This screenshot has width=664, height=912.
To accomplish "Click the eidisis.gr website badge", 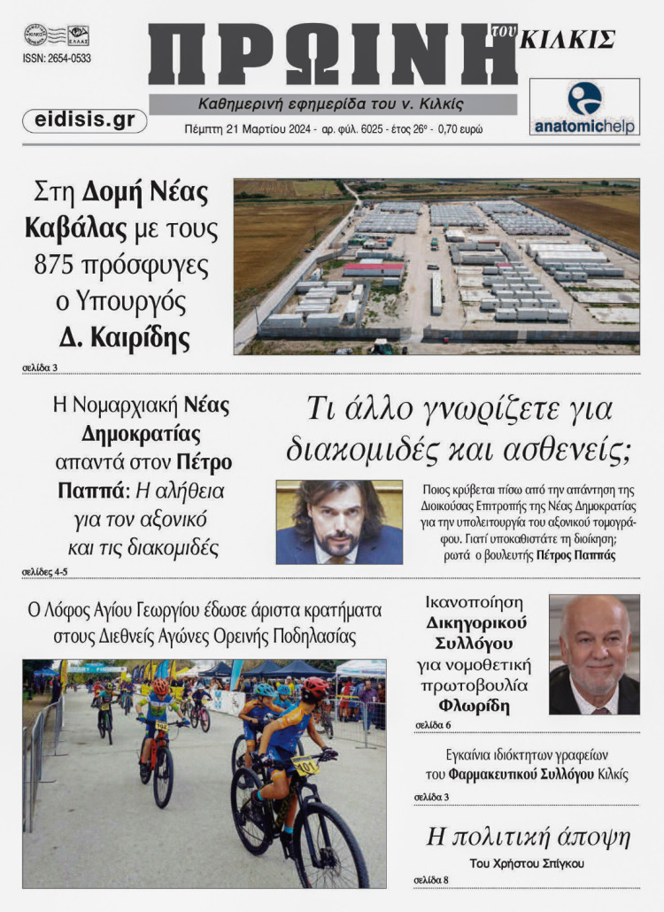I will point(84,120).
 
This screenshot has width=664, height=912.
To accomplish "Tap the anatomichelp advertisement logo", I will point(584,107).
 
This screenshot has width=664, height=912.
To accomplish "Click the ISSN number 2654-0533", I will point(57,58).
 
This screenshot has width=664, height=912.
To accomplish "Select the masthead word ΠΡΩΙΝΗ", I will point(332,55).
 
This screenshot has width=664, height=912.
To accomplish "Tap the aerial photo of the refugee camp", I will point(436,266).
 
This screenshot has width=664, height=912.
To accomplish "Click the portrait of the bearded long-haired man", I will point(339,522).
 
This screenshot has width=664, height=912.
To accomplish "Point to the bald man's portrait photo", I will point(594,654).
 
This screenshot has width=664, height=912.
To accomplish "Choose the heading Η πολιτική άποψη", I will point(529,837).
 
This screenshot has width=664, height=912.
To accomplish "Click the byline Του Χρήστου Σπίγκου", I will point(529,862).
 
